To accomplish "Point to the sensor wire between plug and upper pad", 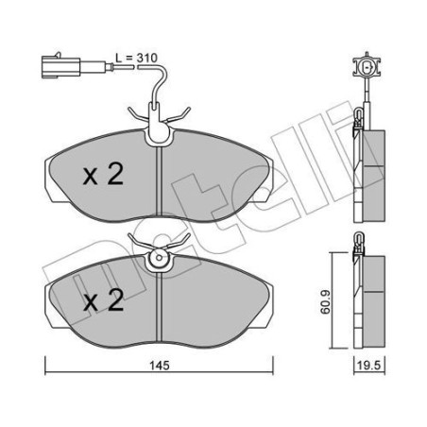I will click(x=132, y=68).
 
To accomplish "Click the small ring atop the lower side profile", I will click(x=359, y=248).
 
